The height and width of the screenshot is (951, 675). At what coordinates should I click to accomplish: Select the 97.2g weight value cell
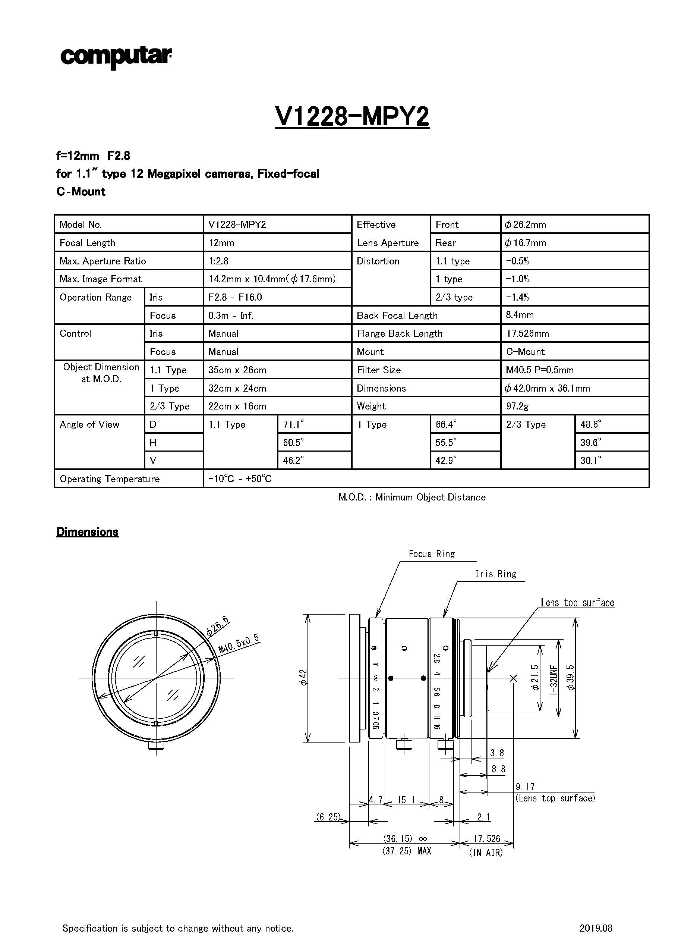[517, 406]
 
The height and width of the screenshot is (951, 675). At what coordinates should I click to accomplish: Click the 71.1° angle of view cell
[293, 424]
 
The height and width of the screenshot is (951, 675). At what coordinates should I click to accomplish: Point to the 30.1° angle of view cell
[591, 460]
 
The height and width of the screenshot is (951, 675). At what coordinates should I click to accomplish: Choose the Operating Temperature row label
[110, 479]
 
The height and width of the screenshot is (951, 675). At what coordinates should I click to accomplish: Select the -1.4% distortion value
[517, 297]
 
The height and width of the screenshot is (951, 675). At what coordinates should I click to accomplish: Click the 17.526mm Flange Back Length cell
[527, 333]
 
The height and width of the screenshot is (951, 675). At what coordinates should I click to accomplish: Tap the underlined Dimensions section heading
[87, 532]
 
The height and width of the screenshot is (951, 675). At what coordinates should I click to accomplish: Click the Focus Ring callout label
[432, 554]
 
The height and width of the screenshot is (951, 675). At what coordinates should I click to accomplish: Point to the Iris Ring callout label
[495, 574]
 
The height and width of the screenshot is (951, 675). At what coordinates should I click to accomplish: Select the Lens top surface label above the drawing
[577, 603]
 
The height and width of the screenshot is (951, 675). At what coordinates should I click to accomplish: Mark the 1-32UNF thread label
[553, 680]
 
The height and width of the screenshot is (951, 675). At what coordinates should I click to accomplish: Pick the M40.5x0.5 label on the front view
[239, 644]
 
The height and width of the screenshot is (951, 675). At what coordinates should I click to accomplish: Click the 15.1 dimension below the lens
[406, 800]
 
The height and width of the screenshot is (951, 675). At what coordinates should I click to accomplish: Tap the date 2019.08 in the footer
[596, 928]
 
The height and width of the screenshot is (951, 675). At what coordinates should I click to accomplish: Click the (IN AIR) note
[486, 853]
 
